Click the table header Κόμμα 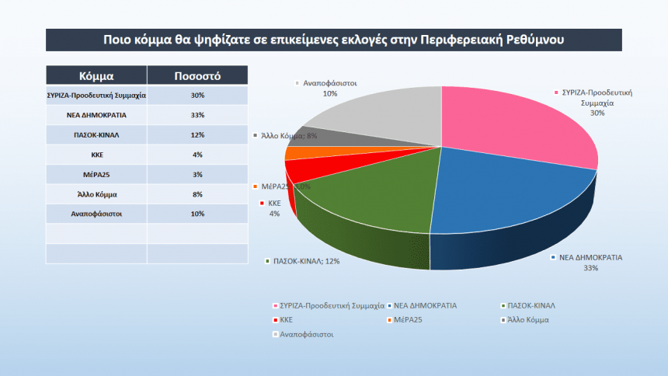coord(96,76)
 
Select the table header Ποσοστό coord(197,76)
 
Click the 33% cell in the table coord(197,115)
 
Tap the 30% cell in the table coord(197,96)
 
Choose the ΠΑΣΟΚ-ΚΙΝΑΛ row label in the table coord(96,135)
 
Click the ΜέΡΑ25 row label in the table coord(96,174)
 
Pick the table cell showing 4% coord(197,155)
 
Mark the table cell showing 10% coord(197,212)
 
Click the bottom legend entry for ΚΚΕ coord(285,319)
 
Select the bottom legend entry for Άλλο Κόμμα coord(527,319)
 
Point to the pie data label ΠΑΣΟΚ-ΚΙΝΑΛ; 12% coord(304,261)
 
